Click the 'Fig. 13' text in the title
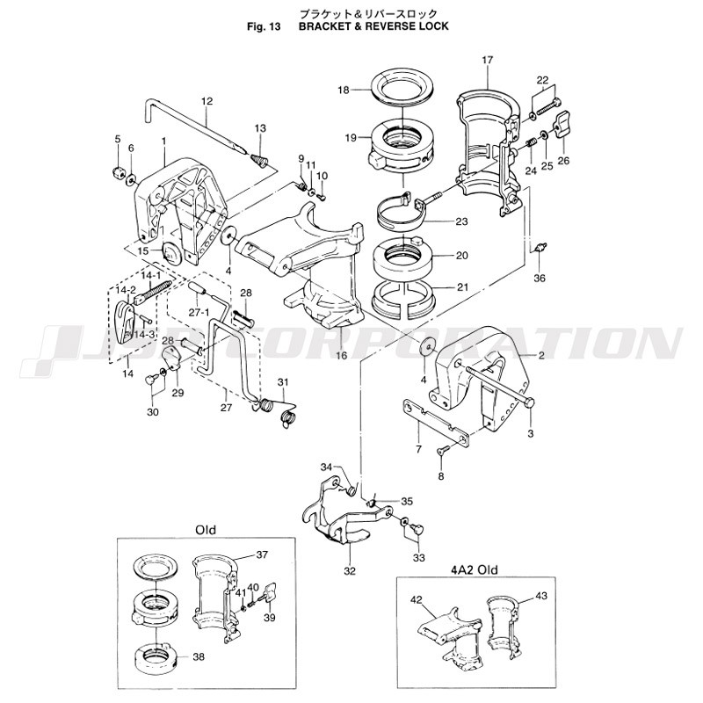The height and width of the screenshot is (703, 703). tap(264, 26)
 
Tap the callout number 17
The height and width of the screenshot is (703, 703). tap(488, 60)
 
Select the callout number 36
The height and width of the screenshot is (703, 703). tap(540, 278)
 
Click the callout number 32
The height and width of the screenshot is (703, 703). tap(350, 571)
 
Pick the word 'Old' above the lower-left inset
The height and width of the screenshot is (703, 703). tap(206, 530)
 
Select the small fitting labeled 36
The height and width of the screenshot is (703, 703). tap(540, 247)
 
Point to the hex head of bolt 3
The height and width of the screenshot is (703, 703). tap(529, 402)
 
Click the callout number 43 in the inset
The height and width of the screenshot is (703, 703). tap(540, 597)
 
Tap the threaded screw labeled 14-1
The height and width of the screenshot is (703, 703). tap(152, 293)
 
